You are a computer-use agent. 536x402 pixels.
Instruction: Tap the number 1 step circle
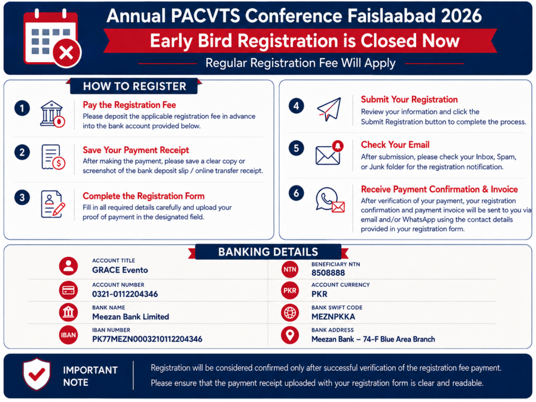click(22, 108)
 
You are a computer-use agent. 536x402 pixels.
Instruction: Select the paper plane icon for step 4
click(329, 109)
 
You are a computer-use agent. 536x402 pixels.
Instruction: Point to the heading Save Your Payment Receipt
click(136, 150)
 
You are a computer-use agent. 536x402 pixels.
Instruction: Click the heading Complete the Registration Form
click(143, 196)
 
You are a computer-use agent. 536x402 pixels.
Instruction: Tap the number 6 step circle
click(296, 193)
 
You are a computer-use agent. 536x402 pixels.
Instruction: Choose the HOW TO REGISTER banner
click(135, 86)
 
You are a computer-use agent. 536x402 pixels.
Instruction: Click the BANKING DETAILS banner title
click(268, 252)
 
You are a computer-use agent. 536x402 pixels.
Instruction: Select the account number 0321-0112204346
click(125, 294)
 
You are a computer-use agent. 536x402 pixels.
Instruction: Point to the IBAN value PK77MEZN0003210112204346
click(147, 339)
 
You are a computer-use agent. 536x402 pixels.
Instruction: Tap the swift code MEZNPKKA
click(333, 317)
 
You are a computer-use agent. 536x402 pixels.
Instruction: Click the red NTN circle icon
click(290, 270)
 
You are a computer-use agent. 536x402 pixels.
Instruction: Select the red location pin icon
click(290, 336)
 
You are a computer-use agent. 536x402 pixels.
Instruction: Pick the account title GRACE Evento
click(120, 270)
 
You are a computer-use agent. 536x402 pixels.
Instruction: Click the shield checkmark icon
click(37, 374)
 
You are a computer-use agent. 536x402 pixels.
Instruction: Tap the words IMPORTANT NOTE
click(90, 376)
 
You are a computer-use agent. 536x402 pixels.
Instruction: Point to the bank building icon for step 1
click(52, 114)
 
